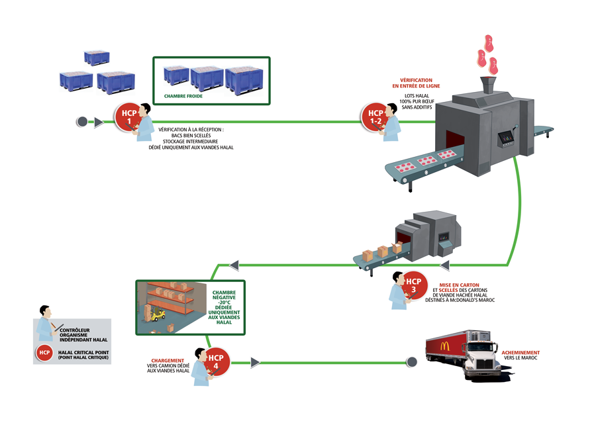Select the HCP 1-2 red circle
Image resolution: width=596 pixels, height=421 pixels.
point(375,116)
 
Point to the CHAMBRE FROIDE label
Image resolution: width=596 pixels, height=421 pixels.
point(183,96)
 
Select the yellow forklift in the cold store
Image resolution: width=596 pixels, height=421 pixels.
point(157,314)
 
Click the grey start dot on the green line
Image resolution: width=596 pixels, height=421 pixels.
point(82,122)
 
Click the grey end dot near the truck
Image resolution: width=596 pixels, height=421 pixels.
point(412,362)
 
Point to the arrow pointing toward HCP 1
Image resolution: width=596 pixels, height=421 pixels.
point(99,122)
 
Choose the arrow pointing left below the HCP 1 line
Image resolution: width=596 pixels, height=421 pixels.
point(234,265)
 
